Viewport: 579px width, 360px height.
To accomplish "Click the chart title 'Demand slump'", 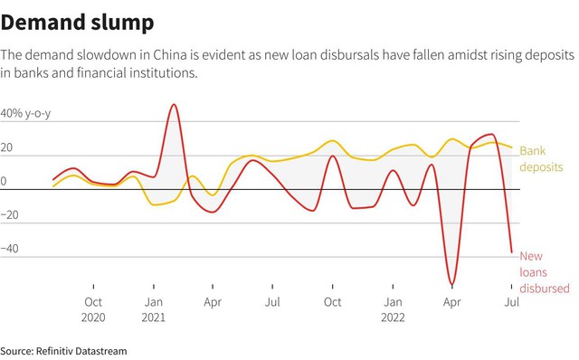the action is (77, 23).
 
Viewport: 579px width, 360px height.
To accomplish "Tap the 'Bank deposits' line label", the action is (541, 159).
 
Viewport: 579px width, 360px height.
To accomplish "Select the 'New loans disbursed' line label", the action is (545, 272).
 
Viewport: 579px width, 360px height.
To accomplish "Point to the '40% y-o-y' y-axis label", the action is (25, 113).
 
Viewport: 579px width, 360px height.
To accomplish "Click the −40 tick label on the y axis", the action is (9, 249).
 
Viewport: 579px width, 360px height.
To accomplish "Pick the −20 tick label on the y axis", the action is (9, 214).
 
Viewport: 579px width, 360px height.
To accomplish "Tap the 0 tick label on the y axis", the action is (4, 181).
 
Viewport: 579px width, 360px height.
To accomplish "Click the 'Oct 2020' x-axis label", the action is (93, 309).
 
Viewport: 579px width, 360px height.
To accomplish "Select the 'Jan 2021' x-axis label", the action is (153, 309).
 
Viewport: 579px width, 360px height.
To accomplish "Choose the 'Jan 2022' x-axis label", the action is (393, 309).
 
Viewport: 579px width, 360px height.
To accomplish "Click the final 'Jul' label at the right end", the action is (512, 302).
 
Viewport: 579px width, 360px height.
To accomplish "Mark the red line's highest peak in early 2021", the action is (173, 105).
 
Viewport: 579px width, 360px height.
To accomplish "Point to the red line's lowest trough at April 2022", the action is (452, 284).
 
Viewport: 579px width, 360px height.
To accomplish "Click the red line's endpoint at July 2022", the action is (512, 252).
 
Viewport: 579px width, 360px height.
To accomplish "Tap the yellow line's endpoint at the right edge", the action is (512, 147).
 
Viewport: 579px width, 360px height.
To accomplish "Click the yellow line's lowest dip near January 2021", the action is (153, 204).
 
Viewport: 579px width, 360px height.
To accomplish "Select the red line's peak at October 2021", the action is (333, 156).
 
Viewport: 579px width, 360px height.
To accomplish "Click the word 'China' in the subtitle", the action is (170, 54).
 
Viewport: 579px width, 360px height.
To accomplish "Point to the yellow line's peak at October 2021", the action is (333, 141).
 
